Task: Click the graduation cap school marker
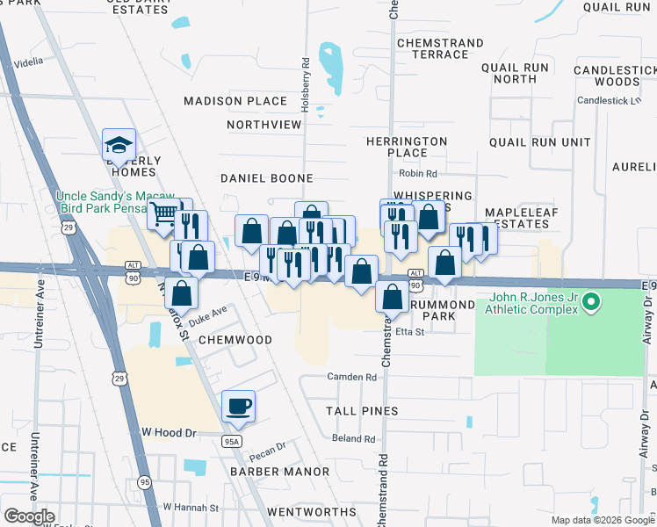(119, 143)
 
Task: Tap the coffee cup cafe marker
(238, 406)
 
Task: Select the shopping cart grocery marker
(163, 213)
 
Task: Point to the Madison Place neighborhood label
(235, 101)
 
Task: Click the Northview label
(264, 125)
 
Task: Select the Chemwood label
(235, 339)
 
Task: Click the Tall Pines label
(362, 410)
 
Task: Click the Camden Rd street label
(351, 377)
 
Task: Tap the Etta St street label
(409, 332)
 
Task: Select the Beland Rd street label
(354, 438)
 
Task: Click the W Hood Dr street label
(168, 432)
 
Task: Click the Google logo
(30, 516)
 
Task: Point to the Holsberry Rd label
(306, 77)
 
